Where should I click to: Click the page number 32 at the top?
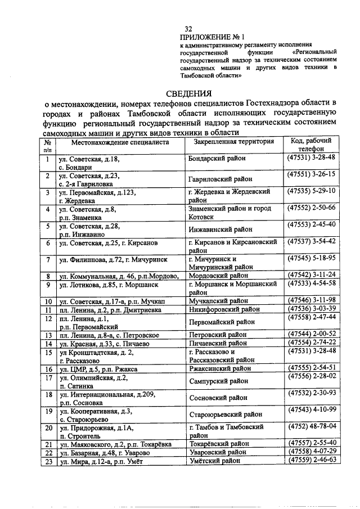click(188, 29)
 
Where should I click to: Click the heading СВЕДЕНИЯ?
click(188, 93)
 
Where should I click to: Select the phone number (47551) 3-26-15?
click(311, 174)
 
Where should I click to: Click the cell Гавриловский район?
click(220, 179)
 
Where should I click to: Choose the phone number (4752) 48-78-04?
click(311, 426)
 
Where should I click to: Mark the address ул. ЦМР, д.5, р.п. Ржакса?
click(102, 369)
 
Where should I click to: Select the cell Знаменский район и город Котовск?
click(231, 212)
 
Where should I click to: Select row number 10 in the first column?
click(49, 301)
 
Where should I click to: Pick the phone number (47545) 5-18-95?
click(311, 259)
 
